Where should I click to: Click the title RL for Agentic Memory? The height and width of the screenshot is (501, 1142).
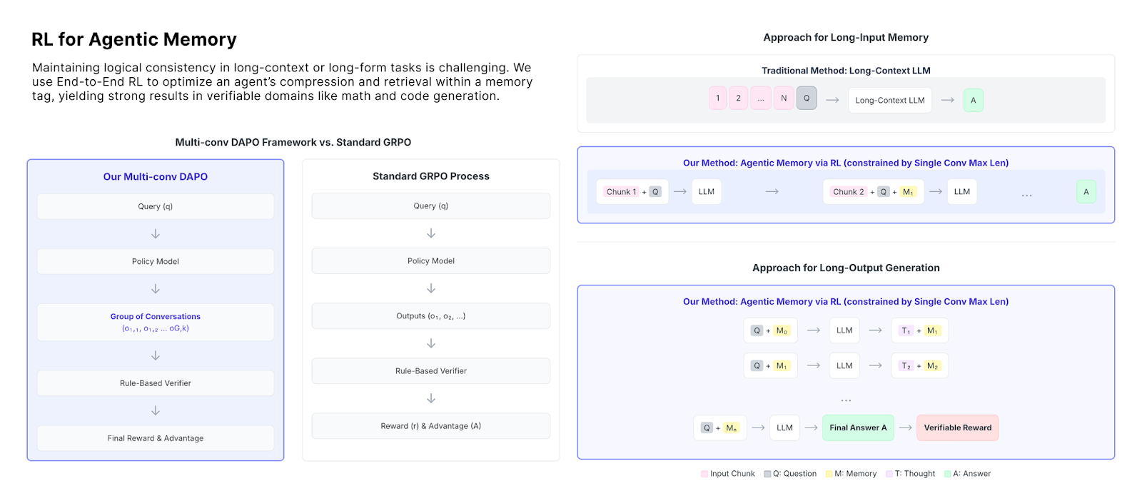point(134,39)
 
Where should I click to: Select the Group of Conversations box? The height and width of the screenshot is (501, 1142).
point(156,322)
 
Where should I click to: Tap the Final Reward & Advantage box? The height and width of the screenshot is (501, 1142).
point(156,438)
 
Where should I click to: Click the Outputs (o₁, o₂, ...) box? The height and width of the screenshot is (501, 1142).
point(431,316)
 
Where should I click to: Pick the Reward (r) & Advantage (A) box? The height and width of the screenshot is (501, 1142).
point(431,426)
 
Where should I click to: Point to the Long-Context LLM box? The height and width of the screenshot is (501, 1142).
point(889,101)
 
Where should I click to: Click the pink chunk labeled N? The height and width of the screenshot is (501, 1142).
point(784,98)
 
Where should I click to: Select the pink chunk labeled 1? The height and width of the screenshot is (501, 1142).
point(717,98)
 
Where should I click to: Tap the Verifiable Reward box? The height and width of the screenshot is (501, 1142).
point(957,427)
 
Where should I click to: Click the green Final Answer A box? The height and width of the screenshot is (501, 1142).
point(858,427)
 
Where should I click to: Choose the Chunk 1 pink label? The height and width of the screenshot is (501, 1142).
point(621,192)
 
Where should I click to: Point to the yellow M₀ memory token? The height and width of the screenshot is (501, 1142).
point(782,330)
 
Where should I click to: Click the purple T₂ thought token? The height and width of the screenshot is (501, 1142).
point(906,366)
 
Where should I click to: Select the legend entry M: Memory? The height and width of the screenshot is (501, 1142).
point(851,473)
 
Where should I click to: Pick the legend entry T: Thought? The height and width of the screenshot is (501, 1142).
point(911,473)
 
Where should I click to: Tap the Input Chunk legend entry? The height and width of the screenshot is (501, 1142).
point(728,473)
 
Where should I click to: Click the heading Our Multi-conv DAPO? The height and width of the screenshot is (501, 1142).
point(156,177)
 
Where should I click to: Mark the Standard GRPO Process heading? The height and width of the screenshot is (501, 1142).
point(431,176)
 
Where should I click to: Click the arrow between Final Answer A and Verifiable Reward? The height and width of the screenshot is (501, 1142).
point(906,427)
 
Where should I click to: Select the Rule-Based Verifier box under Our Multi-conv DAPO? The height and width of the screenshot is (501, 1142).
point(156,383)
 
